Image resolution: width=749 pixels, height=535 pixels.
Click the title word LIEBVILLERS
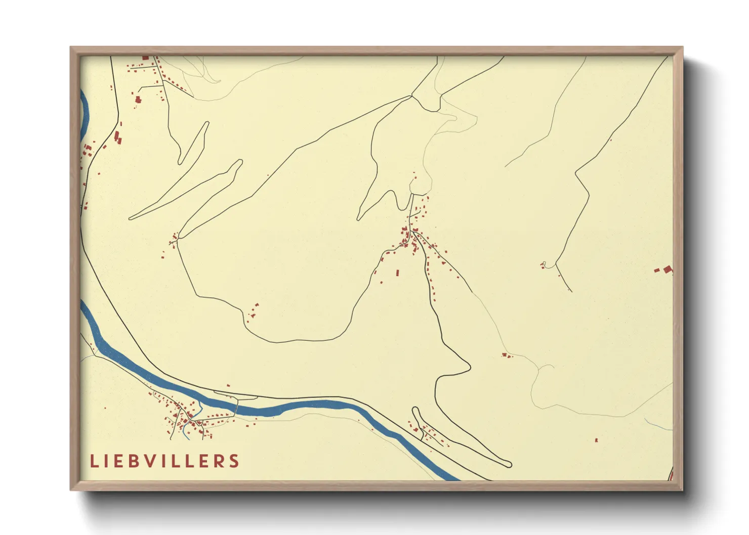pyautogui.click(x=164, y=461)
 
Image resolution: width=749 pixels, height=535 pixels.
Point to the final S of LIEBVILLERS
pyautogui.click(x=234, y=461)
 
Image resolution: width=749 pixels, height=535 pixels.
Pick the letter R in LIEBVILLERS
pyautogui.click(x=220, y=461)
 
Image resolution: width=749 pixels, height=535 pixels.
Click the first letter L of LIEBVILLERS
pyautogui.click(x=94, y=461)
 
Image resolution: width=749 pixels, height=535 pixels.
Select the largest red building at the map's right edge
pyautogui.click(x=668, y=269)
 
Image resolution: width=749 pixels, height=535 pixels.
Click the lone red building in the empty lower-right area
pyautogui.click(x=596, y=440)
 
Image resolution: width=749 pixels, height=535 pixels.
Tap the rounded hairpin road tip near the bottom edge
pyautogui.click(x=508, y=464)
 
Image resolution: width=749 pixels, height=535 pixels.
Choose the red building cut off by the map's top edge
pyautogui.click(x=146, y=58)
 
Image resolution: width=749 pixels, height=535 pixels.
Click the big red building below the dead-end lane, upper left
pyautogui.click(x=138, y=100)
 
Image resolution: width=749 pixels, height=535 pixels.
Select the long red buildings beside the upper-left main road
pyautogui.click(x=118, y=137)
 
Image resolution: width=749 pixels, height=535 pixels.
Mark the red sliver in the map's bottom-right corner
pyautogui.click(x=671, y=475)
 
